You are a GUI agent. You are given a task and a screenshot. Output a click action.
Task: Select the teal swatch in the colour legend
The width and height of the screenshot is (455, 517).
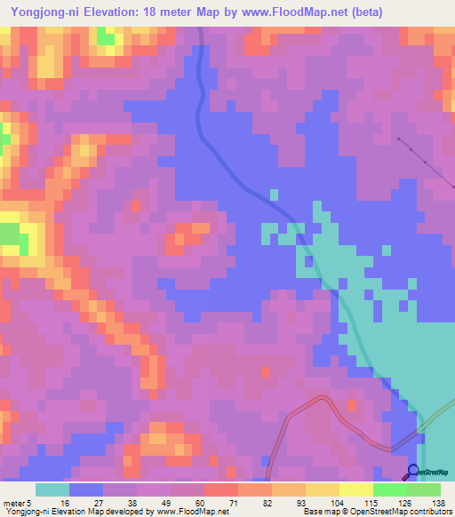coord(52,489)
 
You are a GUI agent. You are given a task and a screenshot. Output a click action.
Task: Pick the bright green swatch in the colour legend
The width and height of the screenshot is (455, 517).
coord(389,489)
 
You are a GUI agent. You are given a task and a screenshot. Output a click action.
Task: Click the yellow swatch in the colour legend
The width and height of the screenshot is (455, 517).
coord(355,489)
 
